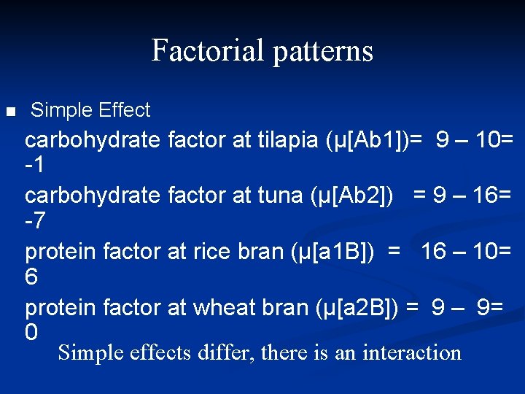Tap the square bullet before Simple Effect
[x=9, y=112]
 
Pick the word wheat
[x=224, y=308]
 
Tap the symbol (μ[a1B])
[x=334, y=252]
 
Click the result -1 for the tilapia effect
[x=34, y=166]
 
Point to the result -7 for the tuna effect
[x=34, y=222]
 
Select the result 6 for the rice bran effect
[x=31, y=277]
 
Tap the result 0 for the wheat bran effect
[x=31, y=333]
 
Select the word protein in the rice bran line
[x=61, y=252]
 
